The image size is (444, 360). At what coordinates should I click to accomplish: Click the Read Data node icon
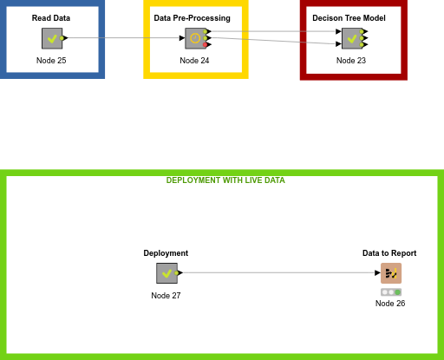click(x=52, y=38)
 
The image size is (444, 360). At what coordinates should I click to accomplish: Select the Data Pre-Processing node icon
click(x=195, y=38)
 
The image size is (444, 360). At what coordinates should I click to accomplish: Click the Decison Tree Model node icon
click(x=351, y=38)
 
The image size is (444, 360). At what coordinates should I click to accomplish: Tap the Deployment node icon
click(x=166, y=273)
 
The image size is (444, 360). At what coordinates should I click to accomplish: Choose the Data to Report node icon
click(x=390, y=273)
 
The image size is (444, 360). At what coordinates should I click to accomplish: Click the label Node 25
click(x=51, y=60)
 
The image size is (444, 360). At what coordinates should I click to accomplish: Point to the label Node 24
click(x=194, y=60)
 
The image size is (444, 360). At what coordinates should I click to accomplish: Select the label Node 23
click(x=351, y=60)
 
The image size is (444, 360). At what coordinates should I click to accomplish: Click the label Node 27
click(x=166, y=296)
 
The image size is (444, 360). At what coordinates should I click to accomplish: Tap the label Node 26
click(x=390, y=304)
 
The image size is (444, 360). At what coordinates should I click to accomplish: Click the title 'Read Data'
click(x=51, y=18)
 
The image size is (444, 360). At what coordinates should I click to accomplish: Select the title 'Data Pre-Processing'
click(x=192, y=18)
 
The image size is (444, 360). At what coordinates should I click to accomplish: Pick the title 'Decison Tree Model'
click(x=349, y=18)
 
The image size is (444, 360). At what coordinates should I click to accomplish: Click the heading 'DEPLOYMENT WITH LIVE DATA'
click(x=225, y=180)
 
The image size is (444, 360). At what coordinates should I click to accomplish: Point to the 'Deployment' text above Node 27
click(x=166, y=253)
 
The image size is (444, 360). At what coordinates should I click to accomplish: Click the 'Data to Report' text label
click(x=389, y=253)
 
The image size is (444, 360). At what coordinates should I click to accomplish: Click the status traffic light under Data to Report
click(x=390, y=292)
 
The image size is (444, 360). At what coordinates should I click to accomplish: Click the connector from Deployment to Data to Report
click(x=277, y=273)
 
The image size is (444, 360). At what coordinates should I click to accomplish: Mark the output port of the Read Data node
click(x=65, y=38)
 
